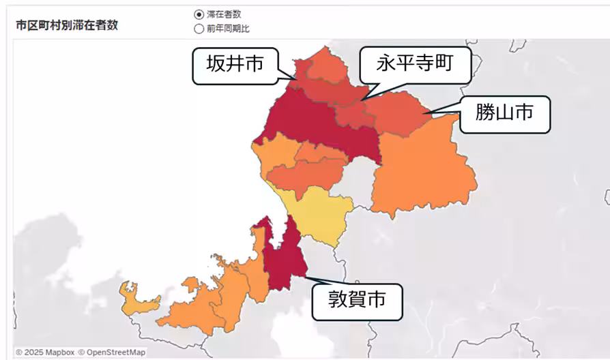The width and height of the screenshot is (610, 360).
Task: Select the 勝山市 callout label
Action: [x=504, y=114]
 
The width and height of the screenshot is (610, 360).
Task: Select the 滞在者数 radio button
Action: [x=199, y=14]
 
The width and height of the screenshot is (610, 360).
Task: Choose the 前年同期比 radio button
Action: [x=199, y=29]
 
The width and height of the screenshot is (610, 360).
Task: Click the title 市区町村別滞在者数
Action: [x=67, y=25]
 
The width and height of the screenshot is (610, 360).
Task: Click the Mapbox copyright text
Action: [x=45, y=352]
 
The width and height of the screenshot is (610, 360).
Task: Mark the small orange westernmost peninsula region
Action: [x=136, y=297]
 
